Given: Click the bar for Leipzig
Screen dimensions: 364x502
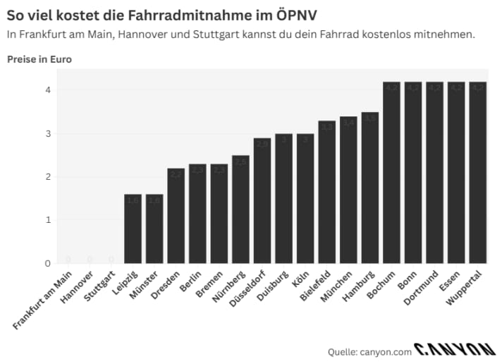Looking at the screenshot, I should (x=133, y=229).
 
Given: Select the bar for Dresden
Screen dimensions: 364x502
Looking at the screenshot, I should (x=176, y=216).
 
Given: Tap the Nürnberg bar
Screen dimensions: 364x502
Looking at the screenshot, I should (x=240, y=210).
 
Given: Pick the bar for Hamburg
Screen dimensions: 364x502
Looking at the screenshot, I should (x=370, y=188).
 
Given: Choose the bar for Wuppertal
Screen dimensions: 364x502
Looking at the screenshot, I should (x=478, y=173).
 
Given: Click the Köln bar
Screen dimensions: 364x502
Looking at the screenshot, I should (x=305, y=198).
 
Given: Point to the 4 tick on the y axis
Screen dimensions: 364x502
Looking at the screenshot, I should (x=48, y=90).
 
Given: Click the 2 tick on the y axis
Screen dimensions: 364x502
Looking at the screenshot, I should (x=48, y=176).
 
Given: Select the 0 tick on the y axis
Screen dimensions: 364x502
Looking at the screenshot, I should (x=48, y=263).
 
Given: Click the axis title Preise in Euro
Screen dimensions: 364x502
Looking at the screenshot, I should (x=39, y=59).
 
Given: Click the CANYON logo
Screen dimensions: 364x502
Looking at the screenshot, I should (x=455, y=349).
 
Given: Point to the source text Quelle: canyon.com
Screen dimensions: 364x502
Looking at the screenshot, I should (x=369, y=351).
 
